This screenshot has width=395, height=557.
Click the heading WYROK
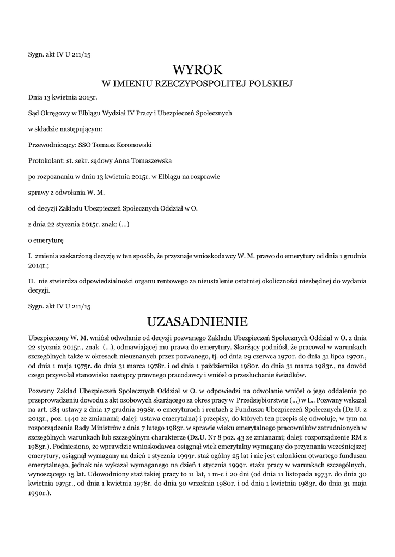[x=197, y=70]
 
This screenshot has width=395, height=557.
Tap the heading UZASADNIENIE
[x=197, y=321]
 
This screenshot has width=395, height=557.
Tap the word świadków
[x=293, y=375]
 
